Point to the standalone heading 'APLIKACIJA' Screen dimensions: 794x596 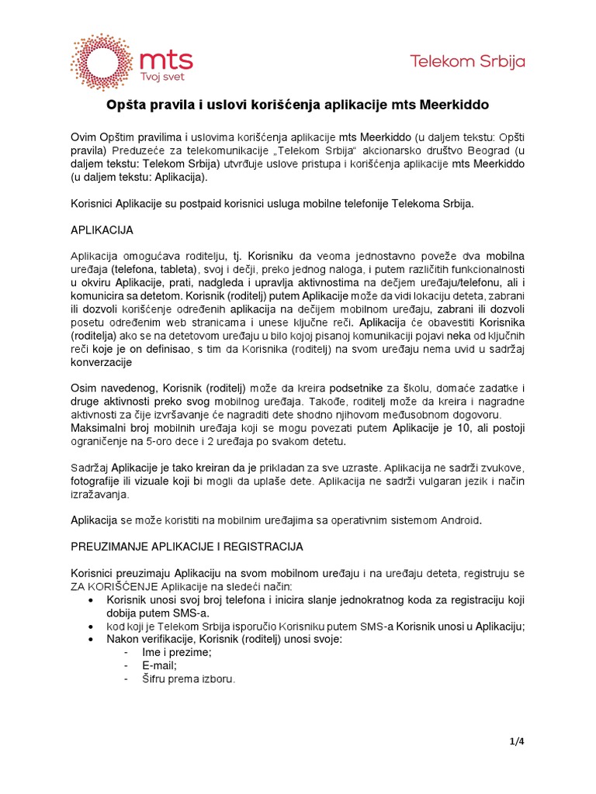click(102, 230)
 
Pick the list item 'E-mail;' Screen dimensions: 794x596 click(159, 665)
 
